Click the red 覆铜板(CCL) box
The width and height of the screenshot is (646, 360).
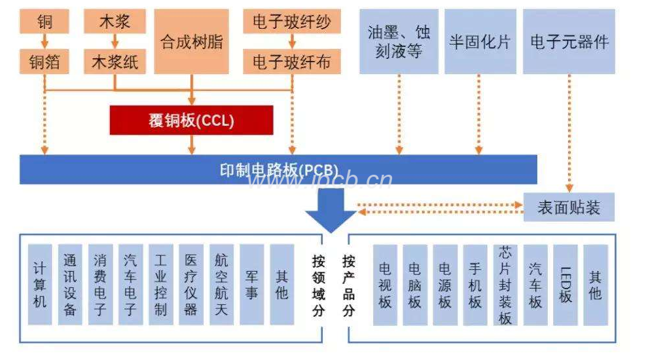(x=191, y=120)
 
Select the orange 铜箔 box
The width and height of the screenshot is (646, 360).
(x=45, y=62)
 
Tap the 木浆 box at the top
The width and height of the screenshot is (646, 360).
(x=115, y=22)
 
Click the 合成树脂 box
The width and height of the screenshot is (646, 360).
(x=191, y=42)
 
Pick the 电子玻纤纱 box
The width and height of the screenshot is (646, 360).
(x=292, y=22)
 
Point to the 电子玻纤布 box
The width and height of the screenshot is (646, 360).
(x=292, y=62)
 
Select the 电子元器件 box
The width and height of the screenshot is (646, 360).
(x=569, y=42)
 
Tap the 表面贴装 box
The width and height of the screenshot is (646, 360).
(x=569, y=207)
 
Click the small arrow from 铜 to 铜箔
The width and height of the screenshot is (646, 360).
(x=45, y=42)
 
